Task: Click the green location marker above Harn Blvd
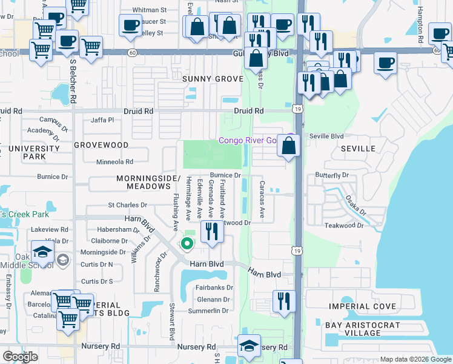coord(187,244)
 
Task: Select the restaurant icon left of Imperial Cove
coord(282,301)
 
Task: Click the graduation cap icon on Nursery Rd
coord(249,346)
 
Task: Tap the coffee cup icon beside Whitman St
coord(130,25)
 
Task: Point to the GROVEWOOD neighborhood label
coord(101,146)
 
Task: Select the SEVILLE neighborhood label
coord(359,149)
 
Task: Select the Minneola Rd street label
coord(114,162)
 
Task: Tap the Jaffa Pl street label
coord(102,120)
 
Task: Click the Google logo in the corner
coord(21,357)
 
